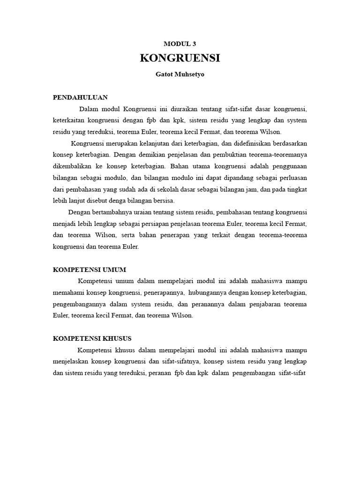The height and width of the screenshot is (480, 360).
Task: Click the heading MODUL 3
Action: pos(180,44)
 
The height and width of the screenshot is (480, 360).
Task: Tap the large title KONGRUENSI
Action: pos(180,59)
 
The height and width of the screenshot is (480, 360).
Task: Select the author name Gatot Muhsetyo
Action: pos(180,75)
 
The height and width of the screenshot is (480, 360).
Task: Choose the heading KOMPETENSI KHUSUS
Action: pos(92,338)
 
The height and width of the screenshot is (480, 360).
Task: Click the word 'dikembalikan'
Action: pos(74,166)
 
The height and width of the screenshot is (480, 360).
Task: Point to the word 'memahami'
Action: pos(67,292)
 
